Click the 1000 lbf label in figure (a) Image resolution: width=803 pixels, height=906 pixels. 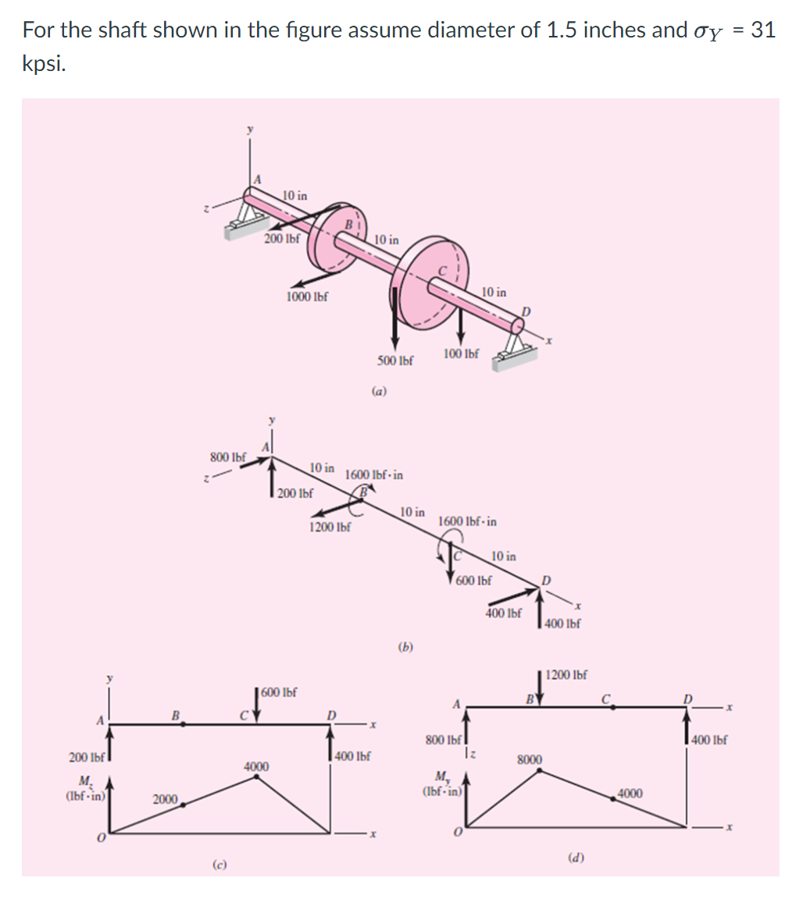pyautogui.click(x=307, y=297)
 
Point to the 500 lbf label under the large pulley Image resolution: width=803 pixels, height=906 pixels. pyautogui.click(x=395, y=361)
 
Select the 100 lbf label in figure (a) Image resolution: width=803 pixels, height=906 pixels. pyautogui.click(x=461, y=354)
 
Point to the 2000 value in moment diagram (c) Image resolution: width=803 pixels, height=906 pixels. pyautogui.click(x=165, y=798)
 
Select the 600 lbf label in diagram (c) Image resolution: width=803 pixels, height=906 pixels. pyautogui.click(x=280, y=692)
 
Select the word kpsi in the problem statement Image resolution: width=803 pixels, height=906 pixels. pyautogui.click(x=44, y=64)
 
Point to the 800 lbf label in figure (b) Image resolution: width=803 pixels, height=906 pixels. pyautogui.click(x=227, y=456)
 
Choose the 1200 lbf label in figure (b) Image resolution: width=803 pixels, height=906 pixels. pyautogui.click(x=330, y=527)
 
